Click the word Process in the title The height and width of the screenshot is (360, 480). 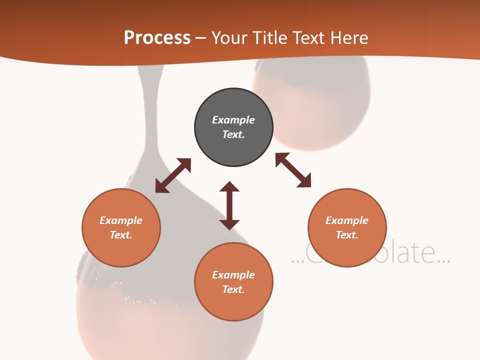coord(157,38)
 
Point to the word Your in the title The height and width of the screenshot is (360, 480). coord(228,38)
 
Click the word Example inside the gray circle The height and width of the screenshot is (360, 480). coord(233,120)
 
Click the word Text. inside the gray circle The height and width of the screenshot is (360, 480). coord(233,134)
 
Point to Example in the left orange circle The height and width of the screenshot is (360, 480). coord(121,220)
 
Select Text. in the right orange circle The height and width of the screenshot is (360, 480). coord(347,235)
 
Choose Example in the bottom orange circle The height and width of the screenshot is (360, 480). coord(233,275)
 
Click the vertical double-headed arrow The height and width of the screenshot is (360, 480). coord(229,205)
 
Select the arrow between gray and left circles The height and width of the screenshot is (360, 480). coord(173,175)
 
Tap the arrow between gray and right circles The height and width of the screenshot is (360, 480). coord(293,170)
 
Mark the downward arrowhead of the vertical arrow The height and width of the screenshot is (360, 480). coord(229,224)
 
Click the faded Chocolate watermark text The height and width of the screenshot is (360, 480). coord(370,254)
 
